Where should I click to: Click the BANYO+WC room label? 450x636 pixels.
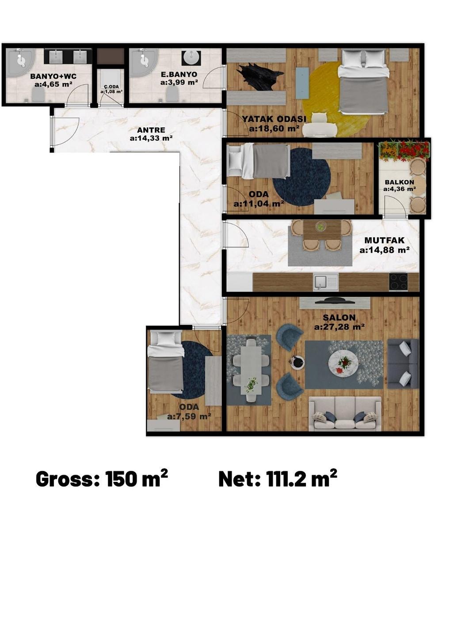(53, 76)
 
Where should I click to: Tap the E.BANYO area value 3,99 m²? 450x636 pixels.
(179, 82)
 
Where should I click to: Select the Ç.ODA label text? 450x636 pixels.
(111, 87)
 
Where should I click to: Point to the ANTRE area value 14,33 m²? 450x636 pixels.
(151, 138)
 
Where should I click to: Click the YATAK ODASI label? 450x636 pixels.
(274, 119)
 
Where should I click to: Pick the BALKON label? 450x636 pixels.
(399, 182)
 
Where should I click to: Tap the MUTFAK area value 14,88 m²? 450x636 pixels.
(385, 250)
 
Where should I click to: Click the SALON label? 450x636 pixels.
(339, 318)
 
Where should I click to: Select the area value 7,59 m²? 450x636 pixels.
(189, 416)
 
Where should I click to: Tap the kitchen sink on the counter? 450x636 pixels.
(326, 282)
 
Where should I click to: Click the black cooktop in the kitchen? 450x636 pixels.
(399, 281)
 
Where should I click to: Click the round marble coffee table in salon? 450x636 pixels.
(343, 363)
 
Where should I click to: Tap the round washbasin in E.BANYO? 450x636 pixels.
(191, 59)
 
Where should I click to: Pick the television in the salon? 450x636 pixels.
(335, 301)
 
